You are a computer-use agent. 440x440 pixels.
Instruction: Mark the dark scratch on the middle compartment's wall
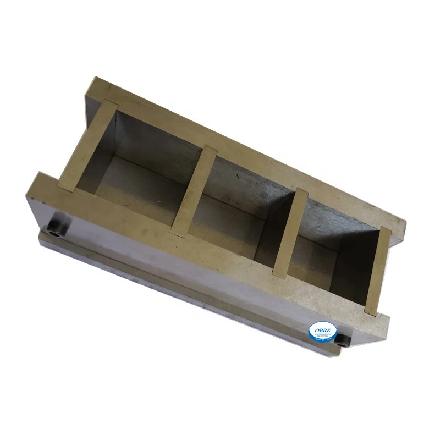click(x=238, y=177)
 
